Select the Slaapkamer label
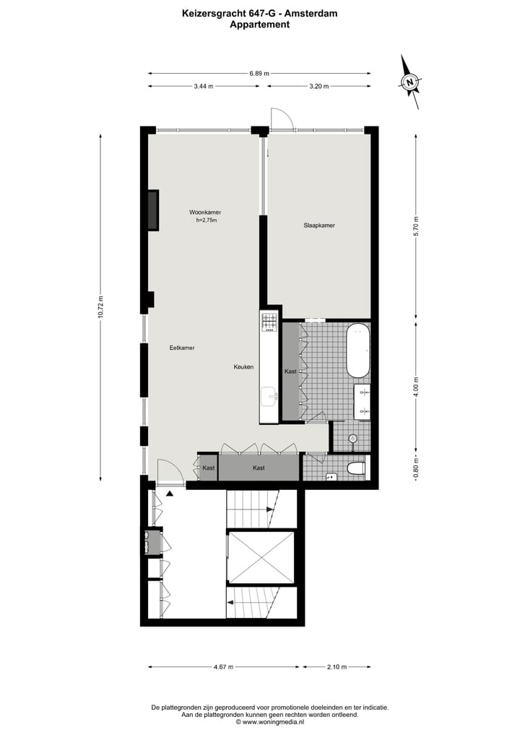click(319, 225)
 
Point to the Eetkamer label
click(182, 348)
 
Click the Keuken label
click(243, 367)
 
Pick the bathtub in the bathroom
click(357, 351)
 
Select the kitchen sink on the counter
click(269, 395)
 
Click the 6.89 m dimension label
click(259, 73)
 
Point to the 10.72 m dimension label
click(102, 307)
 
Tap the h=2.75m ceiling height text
click(206, 220)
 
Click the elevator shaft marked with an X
click(261, 556)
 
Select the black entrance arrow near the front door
click(170, 493)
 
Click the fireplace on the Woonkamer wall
click(152, 210)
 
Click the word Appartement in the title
click(259, 25)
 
